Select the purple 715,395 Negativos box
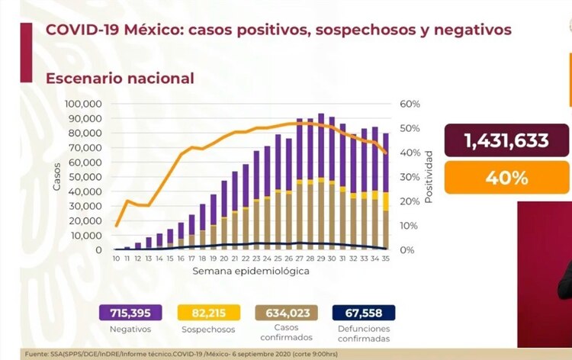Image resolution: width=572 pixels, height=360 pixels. (x=129, y=313)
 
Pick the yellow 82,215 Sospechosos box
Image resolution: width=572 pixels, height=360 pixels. (x=207, y=313)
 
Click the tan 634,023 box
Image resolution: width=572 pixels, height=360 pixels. (x=285, y=313)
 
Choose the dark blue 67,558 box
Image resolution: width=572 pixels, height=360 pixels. (x=363, y=313)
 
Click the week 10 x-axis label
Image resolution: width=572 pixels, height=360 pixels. (x=116, y=259)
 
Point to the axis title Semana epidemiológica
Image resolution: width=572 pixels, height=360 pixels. (x=251, y=272)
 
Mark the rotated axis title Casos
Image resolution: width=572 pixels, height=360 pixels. (x=57, y=177)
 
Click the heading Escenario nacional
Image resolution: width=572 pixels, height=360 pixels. (x=120, y=78)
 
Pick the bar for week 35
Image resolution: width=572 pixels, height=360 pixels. (x=386, y=191)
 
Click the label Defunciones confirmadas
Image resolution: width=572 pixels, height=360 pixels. (x=363, y=334)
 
